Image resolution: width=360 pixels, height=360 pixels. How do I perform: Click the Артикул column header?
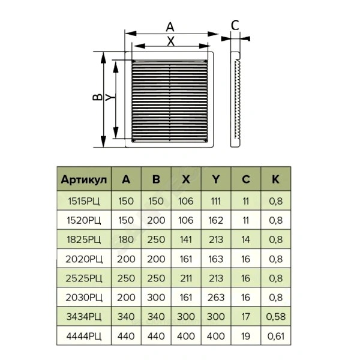pyautogui.click(x=84, y=179)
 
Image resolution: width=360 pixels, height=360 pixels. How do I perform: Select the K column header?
pyautogui.click(x=275, y=179)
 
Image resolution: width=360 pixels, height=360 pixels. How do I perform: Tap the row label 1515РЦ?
pyautogui.click(x=84, y=201)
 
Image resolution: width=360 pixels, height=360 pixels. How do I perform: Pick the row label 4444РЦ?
pyautogui.click(x=84, y=336)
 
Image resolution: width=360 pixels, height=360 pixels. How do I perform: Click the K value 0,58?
pyautogui.click(x=276, y=317)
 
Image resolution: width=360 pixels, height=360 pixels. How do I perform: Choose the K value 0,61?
pyautogui.click(x=276, y=336)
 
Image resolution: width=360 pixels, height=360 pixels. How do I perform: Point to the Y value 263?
pyautogui.click(x=216, y=298)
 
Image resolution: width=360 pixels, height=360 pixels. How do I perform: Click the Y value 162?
pyautogui.click(x=216, y=220)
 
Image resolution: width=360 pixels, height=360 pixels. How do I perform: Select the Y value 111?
pyautogui.click(x=215, y=201)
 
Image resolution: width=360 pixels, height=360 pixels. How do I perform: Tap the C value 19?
pyautogui.click(x=245, y=336)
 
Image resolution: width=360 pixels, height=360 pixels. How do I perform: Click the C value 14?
pyautogui.click(x=245, y=239)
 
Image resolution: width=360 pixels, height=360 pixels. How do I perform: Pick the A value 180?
pyautogui.click(x=126, y=239)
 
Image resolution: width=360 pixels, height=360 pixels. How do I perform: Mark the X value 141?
pyautogui.click(x=186, y=239)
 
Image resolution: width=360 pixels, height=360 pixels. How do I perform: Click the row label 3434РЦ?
pyautogui.click(x=84, y=317)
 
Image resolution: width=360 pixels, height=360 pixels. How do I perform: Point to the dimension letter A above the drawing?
pyautogui.click(x=170, y=27)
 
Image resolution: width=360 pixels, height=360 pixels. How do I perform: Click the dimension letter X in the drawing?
pyautogui.click(x=170, y=41)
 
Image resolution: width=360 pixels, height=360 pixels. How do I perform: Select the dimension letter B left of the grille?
pyautogui.click(x=97, y=97)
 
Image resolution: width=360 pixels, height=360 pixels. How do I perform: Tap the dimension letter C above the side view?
pyautogui.click(x=235, y=25)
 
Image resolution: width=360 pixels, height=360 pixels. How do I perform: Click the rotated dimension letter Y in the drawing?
pyautogui.click(x=110, y=97)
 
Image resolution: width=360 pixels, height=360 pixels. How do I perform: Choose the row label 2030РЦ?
pyautogui.click(x=84, y=298)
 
